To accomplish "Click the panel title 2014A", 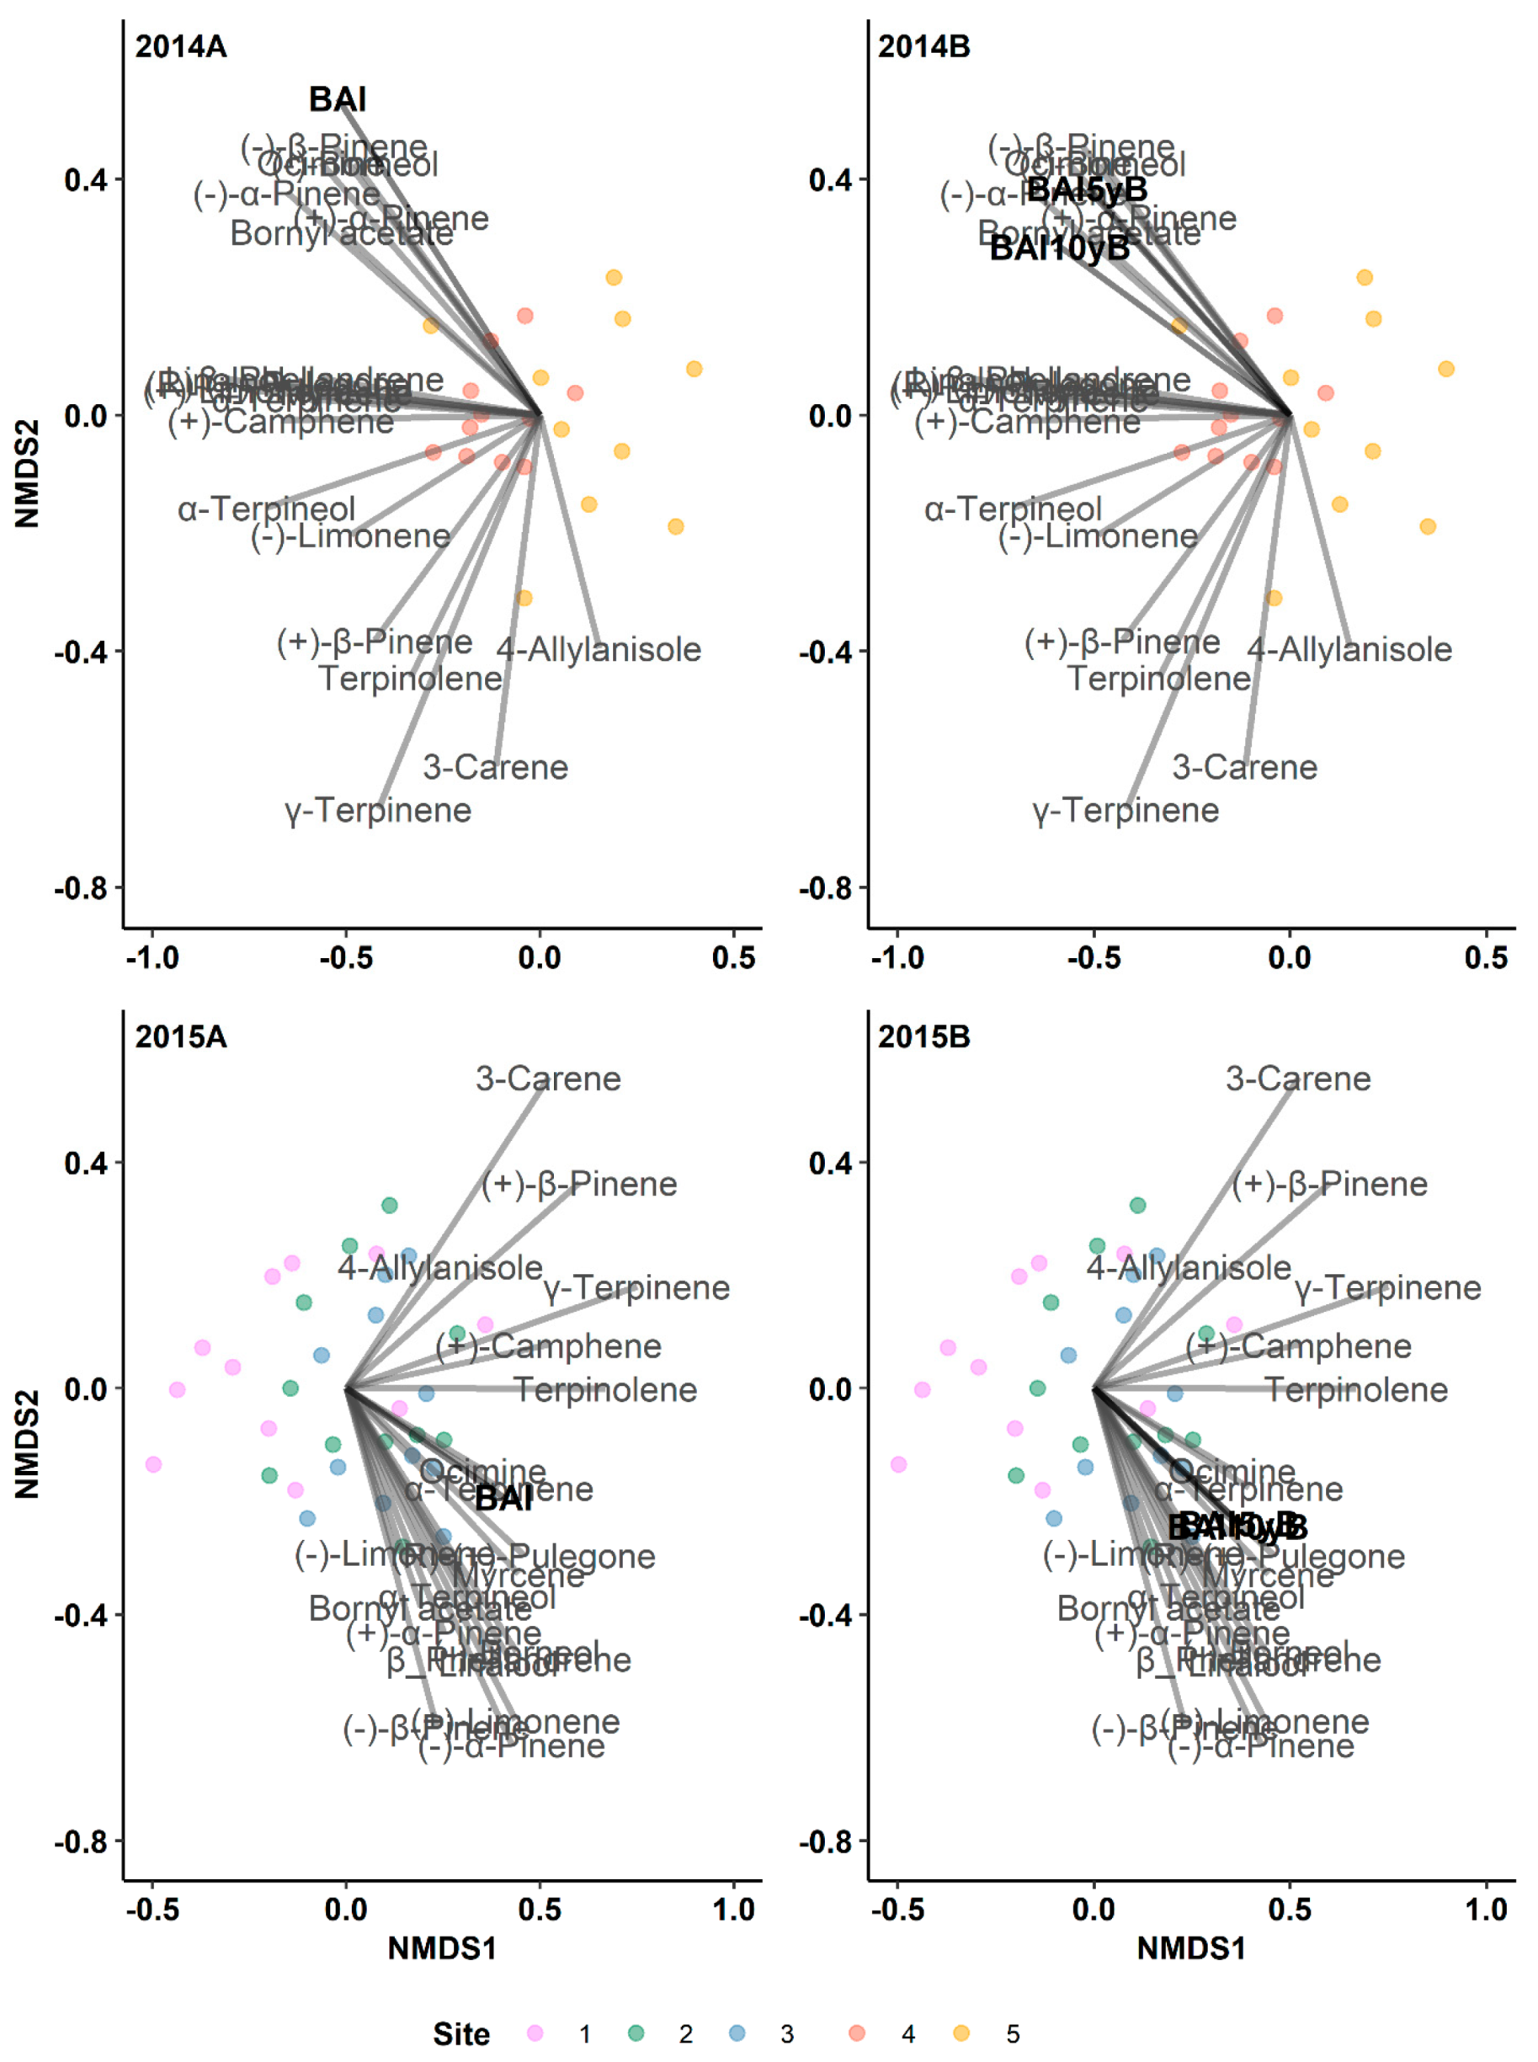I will tap(181, 46).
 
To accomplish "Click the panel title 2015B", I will tap(923, 1037).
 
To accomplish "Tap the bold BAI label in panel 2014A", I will tap(337, 99).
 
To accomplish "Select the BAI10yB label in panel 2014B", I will tap(1058, 248).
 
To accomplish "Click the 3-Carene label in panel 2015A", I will tap(547, 1078).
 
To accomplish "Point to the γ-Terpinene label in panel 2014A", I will tap(378, 810).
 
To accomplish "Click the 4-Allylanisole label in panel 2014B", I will tap(1349, 649).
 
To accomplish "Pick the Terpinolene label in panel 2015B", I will tap(1355, 1389).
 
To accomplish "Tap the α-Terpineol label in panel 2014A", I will tap(266, 509).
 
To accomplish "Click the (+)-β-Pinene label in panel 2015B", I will tap(1328, 1183).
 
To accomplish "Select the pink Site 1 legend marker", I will tap(535, 2033).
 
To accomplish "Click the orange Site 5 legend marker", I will tap(961, 2033).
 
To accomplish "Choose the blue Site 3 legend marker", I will tap(737, 2033).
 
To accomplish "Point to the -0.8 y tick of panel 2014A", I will tap(82, 888).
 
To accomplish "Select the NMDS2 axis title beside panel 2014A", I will tap(28, 474).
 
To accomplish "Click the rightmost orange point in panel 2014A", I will tap(694, 370).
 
